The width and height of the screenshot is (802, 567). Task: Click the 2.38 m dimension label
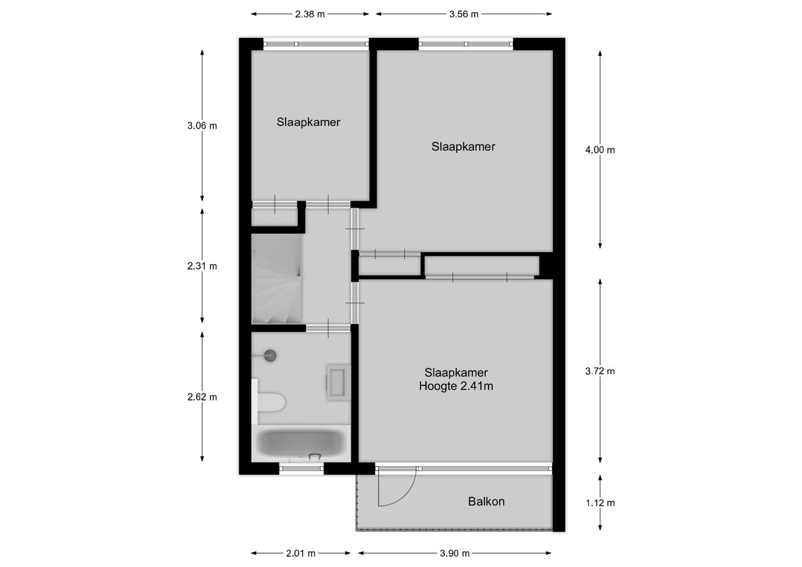tap(310, 14)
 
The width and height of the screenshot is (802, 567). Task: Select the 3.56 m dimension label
tap(463, 14)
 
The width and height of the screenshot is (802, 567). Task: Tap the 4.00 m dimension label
tap(600, 150)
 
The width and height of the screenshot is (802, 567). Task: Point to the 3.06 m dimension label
tap(202, 126)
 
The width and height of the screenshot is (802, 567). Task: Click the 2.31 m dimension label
tap(202, 266)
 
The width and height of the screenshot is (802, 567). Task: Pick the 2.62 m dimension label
tap(202, 397)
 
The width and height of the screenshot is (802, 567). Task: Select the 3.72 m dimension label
tap(600, 371)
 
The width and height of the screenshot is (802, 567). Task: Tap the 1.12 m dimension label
tap(600, 503)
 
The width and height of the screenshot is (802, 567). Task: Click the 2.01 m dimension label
tap(301, 553)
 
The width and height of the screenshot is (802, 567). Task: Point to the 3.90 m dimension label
tap(454, 553)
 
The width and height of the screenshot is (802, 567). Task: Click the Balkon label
tap(486, 501)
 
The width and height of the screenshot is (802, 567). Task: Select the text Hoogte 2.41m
tap(456, 386)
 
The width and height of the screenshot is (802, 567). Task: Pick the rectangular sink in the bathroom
tap(338, 382)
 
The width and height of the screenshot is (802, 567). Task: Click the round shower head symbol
tap(271, 355)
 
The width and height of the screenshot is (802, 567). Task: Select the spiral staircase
tap(277, 278)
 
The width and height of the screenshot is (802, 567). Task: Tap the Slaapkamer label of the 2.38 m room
tap(308, 122)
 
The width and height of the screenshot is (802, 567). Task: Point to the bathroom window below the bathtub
tap(301, 469)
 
